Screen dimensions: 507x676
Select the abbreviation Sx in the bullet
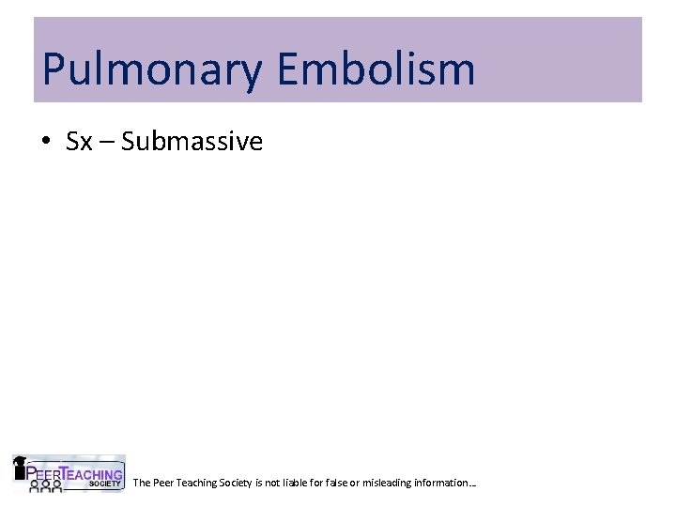pos(79,142)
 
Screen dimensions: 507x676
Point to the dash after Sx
pos(107,143)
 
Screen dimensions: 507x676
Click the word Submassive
pos(192,142)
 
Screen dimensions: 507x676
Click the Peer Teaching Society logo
pos(68,473)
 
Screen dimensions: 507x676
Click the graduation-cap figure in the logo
pos(19,467)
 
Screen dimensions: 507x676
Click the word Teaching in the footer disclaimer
pos(197,483)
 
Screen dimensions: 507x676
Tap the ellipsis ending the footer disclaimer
pos(473,485)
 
